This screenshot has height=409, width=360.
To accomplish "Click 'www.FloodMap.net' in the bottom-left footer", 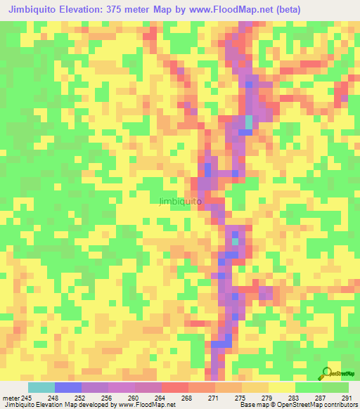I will click(x=146, y=405).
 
